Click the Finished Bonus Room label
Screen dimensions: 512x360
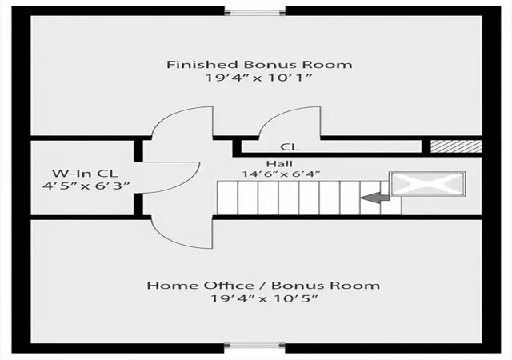click(x=259, y=64)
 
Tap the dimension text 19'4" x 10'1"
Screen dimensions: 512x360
click(x=259, y=78)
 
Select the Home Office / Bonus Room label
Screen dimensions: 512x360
click(x=263, y=285)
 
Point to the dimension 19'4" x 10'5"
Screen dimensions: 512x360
click(x=264, y=298)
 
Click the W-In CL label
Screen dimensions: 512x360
click(x=85, y=173)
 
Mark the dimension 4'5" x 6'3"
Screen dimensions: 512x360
click(x=86, y=186)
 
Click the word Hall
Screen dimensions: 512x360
click(x=279, y=163)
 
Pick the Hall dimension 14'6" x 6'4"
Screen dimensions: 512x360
click(x=281, y=174)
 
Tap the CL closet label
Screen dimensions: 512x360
click(x=290, y=147)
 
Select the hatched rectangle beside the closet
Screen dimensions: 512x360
click(x=456, y=146)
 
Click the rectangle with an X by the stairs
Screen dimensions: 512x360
click(x=427, y=184)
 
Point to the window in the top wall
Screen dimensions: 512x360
click(x=255, y=13)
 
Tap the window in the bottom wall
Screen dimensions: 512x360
click(x=254, y=346)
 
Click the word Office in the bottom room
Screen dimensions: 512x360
click(x=229, y=285)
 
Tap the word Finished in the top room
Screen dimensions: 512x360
click(x=202, y=64)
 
